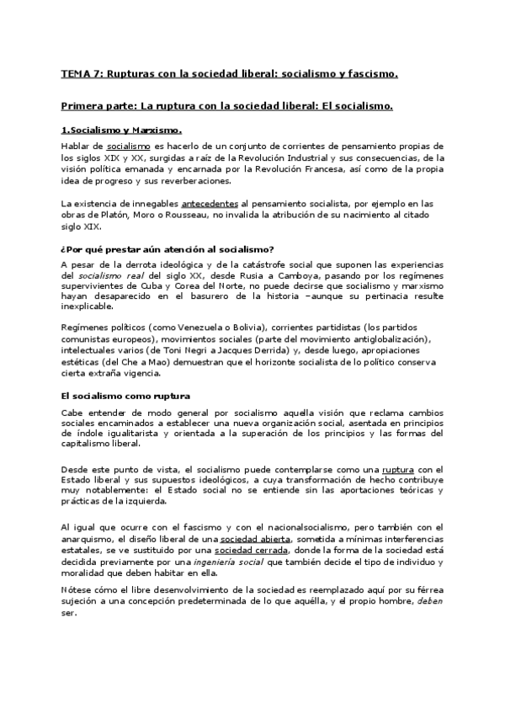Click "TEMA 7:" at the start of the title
point(81,74)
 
